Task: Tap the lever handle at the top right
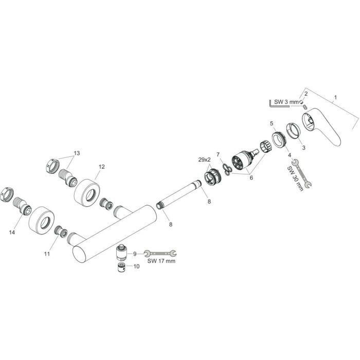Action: tap(324, 131)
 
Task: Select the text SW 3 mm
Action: tap(286, 102)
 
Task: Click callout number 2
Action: tap(305, 94)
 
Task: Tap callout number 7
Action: tap(218, 154)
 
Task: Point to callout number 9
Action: tap(135, 253)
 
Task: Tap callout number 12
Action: tap(102, 167)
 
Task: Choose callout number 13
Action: tap(77, 153)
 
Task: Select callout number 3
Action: tap(303, 148)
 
